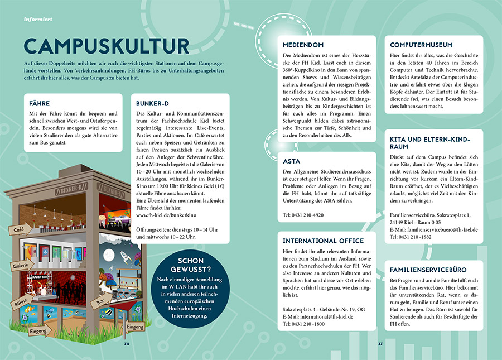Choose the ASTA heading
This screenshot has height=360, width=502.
(x=292, y=161)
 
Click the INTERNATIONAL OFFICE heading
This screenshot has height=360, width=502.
(x=323, y=241)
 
